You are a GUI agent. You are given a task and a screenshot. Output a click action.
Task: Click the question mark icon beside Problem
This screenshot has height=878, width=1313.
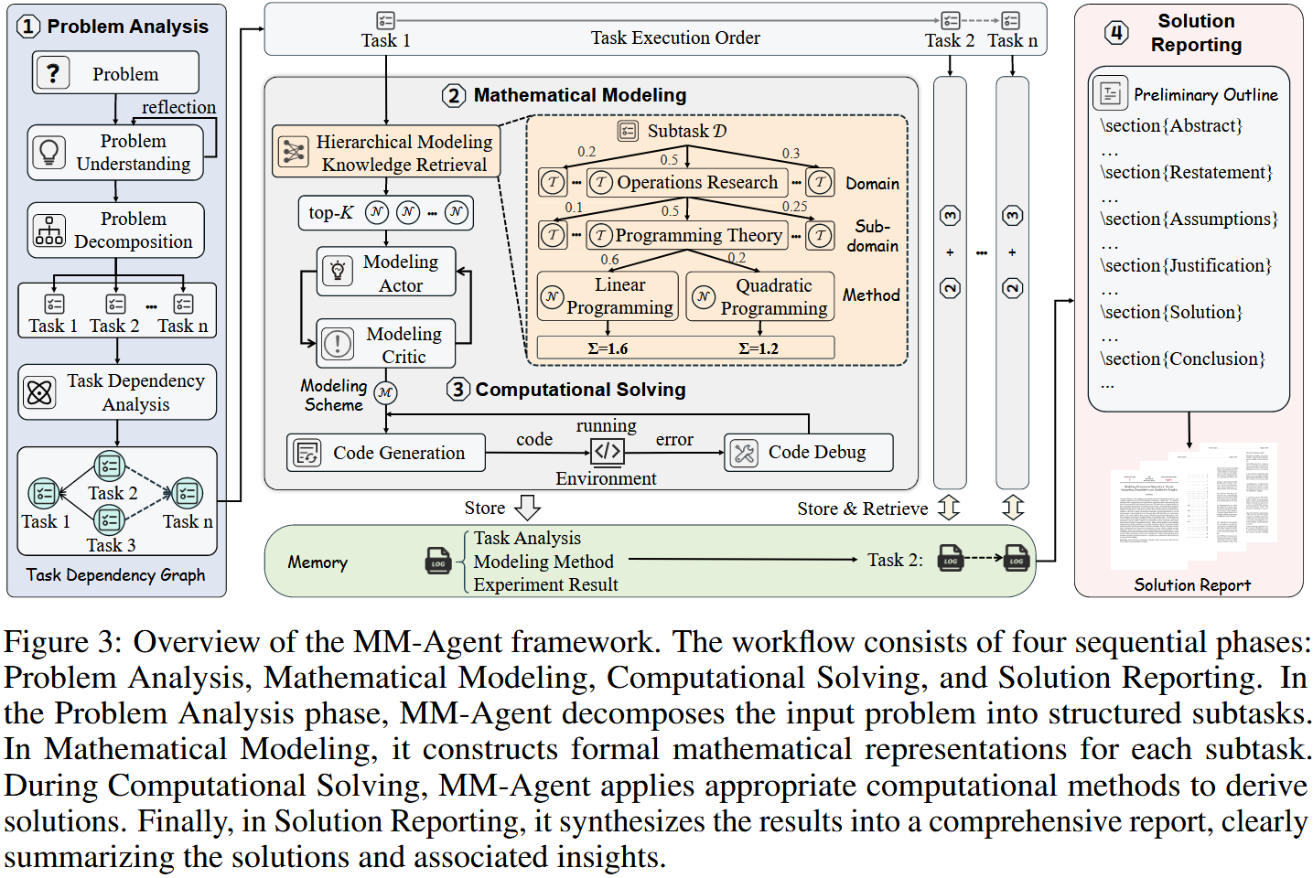tap(53, 72)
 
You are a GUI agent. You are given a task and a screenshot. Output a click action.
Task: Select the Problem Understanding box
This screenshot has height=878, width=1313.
tap(116, 152)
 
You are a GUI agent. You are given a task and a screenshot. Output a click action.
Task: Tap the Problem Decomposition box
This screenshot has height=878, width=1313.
tap(116, 230)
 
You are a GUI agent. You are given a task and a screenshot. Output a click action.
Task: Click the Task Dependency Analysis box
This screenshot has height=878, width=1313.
tap(117, 392)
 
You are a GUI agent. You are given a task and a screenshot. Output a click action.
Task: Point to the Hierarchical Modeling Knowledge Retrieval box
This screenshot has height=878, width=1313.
tap(386, 152)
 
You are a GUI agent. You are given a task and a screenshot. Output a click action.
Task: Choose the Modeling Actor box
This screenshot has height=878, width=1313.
tap(386, 273)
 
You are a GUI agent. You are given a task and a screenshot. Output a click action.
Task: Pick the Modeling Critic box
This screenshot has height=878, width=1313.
tap(386, 344)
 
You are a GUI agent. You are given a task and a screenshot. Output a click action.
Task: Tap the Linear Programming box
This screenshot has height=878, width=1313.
tap(608, 296)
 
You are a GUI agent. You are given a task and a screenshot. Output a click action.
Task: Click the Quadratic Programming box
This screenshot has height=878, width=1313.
tap(760, 296)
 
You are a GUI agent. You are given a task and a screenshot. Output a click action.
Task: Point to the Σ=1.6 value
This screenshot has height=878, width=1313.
tap(608, 348)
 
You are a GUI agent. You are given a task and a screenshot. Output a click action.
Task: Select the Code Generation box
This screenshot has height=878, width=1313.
tap(385, 453)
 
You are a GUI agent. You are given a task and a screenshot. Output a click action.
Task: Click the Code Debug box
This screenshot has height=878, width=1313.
tap(808, 452)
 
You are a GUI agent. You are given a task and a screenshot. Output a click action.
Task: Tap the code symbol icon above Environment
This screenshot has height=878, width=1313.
tap(607, 451)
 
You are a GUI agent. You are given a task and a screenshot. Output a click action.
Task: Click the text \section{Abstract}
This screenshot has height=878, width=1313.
tap(1171, 125)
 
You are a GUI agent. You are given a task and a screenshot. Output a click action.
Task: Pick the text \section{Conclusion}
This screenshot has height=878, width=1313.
tap(1182, 359)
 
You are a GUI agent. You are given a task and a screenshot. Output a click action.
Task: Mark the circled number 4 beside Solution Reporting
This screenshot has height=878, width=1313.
tap(1116, 33)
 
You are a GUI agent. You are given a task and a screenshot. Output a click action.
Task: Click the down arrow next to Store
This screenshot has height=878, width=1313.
tap(528, 508)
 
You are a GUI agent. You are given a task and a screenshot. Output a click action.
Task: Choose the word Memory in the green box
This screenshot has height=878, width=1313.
tap(317, 562)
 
